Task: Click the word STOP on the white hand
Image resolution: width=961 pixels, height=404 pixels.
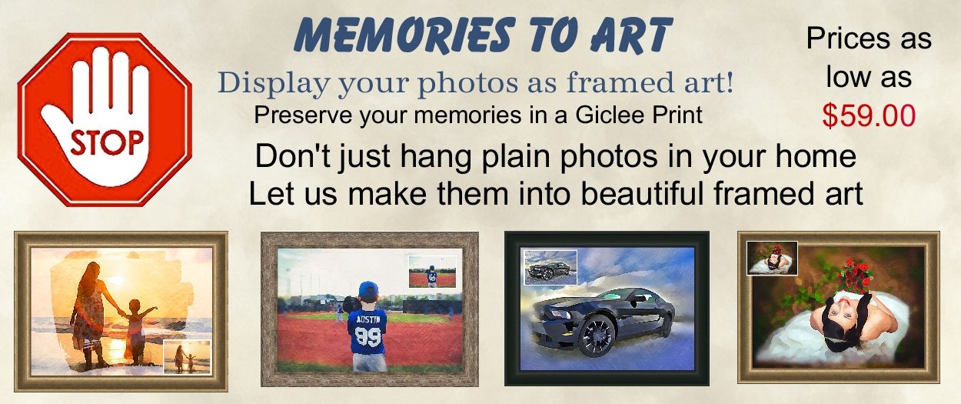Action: [x=108, y=143]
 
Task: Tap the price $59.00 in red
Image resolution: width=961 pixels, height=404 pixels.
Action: [x=870, y=115]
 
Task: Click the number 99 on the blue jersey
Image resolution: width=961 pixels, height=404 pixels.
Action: [x=368, y=338]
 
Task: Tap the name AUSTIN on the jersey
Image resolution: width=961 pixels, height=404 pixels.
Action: [x=368, y=320]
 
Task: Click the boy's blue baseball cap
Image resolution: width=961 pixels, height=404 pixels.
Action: [x=368, y=289]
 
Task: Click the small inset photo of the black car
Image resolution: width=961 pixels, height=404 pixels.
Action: [x=551, y=267]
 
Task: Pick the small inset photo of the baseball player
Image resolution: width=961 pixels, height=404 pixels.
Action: [x=432, y=272]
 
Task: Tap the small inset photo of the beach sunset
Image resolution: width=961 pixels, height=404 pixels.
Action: [x=188, y=357]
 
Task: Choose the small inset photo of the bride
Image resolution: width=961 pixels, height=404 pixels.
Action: [x=772, y=258]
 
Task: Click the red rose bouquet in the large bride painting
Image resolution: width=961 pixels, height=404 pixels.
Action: [x=856, y=275]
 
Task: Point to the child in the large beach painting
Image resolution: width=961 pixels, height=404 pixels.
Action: [x=136, y=331]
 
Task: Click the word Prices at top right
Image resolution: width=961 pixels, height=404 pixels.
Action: [x=843, y=38]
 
